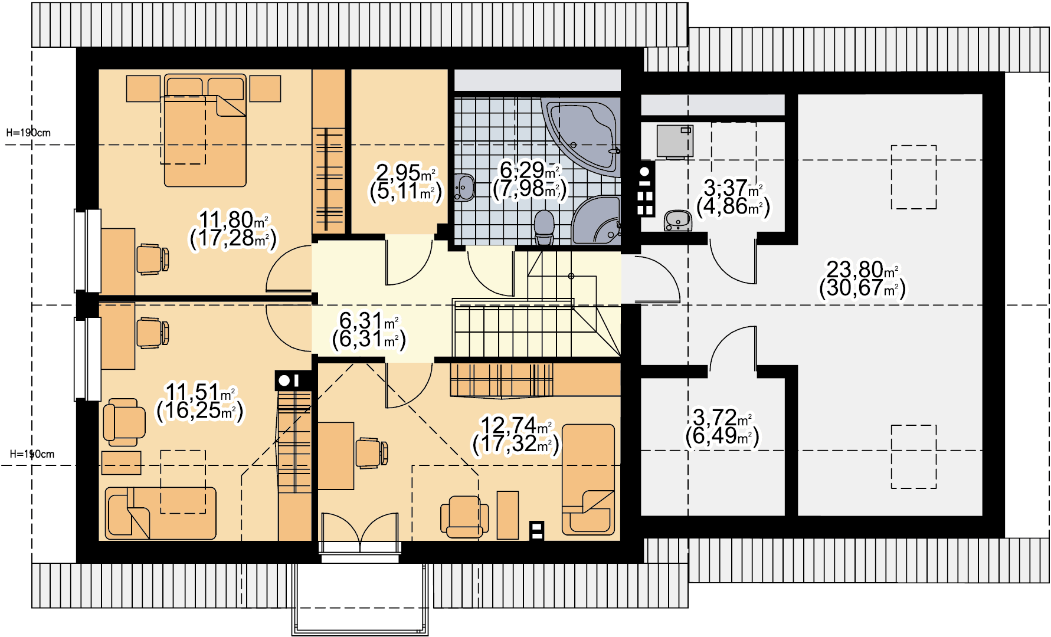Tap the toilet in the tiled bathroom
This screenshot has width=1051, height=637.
coord(544,228)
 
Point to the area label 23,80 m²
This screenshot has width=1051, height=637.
coord(862,270)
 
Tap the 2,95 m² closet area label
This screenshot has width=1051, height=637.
coord(405,173)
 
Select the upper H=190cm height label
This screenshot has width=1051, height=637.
coord(28,133)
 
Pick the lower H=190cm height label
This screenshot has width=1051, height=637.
coord(32,454)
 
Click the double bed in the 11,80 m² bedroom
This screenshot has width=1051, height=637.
coord(205,130)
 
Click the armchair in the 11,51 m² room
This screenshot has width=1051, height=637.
coord(124,422)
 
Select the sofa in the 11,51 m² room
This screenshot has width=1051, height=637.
coord(161,513)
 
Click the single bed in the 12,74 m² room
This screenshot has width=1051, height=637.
coord(588,479)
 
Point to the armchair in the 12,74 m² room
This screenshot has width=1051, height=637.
coord(464,517)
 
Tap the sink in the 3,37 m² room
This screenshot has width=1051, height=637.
coord(678,221)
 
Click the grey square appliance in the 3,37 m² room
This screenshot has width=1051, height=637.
coord(675,142)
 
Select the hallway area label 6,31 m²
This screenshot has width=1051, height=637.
coord(369,321)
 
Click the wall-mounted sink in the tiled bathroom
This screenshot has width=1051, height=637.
coord(464,188)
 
